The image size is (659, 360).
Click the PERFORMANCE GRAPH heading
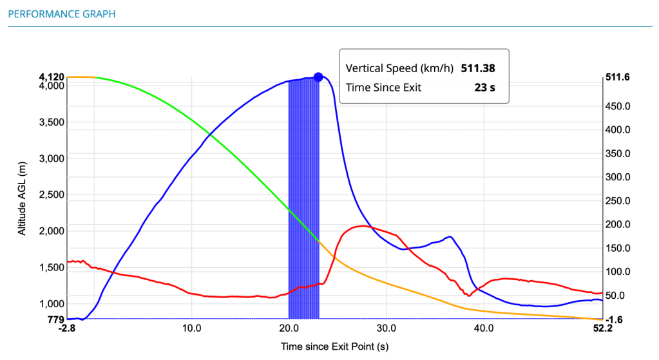tap(62, 14)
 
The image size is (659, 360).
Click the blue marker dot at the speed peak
tap(318, 77)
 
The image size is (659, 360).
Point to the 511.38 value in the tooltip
tap(477, 68)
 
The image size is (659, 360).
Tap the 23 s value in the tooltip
tap(484, 88)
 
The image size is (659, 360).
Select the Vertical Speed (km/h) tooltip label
tap(399, 68)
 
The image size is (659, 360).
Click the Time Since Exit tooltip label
tap(383, 88)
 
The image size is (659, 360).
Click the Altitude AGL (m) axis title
tap(23, 198)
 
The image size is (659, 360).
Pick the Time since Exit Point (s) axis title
tap(334, 346)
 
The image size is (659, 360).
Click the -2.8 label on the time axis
tap(67, 328)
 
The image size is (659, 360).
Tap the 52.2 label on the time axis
tap(601, 328)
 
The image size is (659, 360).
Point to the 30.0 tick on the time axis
tap(387, 328)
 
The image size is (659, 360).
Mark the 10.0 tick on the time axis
tap(192, 328)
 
